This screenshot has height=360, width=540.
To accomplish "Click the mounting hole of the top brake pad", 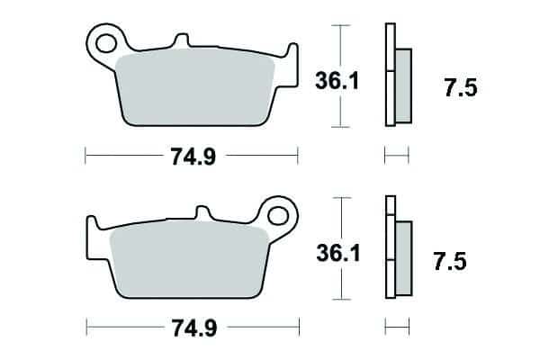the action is tap(105, 44).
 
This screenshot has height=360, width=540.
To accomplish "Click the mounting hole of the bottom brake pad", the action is tap(277, 216).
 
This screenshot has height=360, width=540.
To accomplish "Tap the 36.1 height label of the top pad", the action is tap(337, 81).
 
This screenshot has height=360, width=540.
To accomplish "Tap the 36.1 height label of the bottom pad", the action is tap(338, 253).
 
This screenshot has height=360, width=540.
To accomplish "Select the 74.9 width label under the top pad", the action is tap(193, 157).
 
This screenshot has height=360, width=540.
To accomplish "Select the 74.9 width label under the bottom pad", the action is tap(194, 328).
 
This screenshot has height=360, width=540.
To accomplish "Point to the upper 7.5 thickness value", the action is tap(461, 87).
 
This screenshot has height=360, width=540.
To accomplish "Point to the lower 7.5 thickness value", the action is tap(450, 262).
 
